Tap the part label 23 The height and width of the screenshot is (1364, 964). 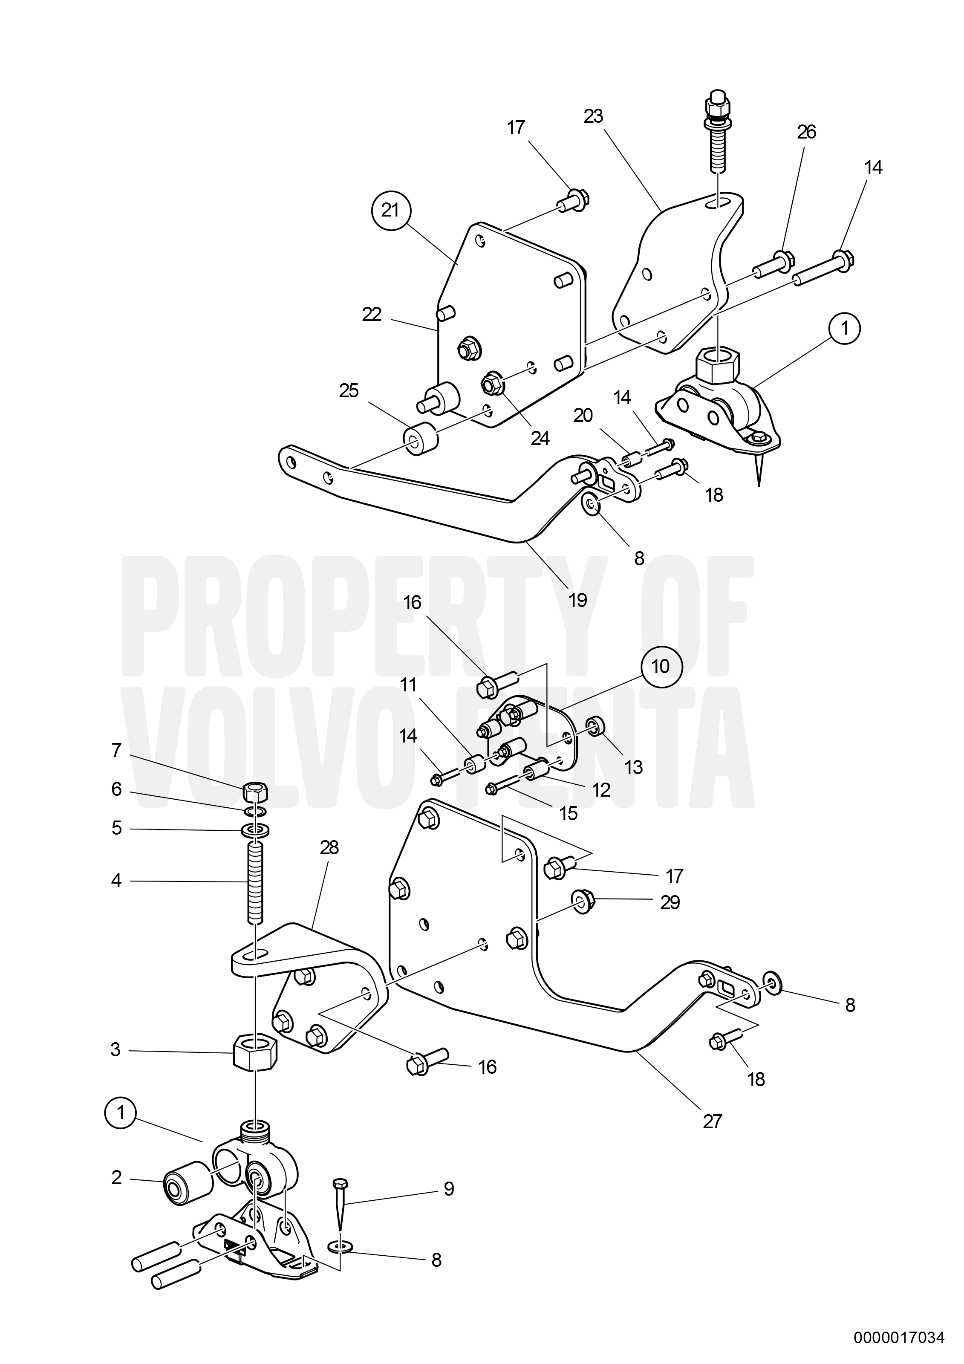coord(593,116)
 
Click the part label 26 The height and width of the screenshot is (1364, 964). coord(806,132)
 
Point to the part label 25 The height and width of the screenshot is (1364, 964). coord(349,391)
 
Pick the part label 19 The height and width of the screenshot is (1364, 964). coord(577,600)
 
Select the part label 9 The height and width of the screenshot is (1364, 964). coord(448,1189)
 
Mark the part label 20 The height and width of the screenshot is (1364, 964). coord(583,415)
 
